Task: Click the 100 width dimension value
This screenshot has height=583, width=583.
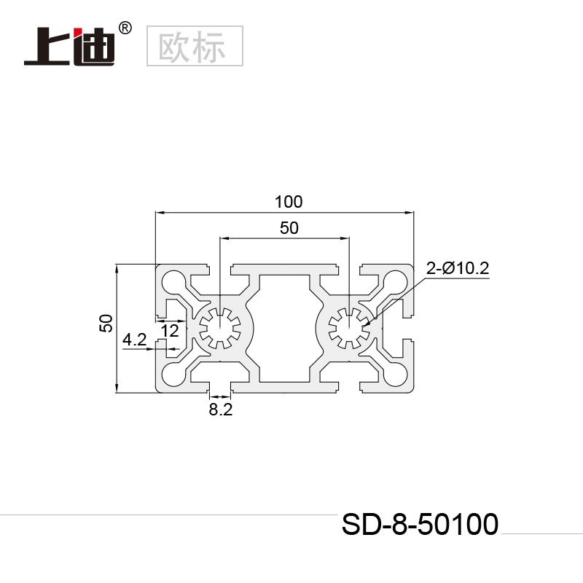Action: [x=288, y=201]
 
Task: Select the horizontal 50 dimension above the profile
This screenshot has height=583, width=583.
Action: [x=289, y=227]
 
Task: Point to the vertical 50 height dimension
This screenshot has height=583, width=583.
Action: [x=106, y=324]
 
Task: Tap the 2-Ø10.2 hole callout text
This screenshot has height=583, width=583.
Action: [x=458, y=269]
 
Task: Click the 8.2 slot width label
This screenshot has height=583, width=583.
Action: [x=220, y=410]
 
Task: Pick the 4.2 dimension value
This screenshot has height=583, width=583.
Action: [x=135, y=339]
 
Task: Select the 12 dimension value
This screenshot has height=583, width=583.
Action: [x=170, y=331]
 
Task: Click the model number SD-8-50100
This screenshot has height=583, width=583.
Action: [x=420, y=523]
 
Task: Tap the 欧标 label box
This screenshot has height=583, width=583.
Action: [x=195, y=45]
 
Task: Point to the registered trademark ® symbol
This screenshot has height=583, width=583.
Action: [x=125, y=28]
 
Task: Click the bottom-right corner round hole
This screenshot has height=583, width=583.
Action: [x=396, y=375]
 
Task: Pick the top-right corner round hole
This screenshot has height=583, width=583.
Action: [x=396, y=281]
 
